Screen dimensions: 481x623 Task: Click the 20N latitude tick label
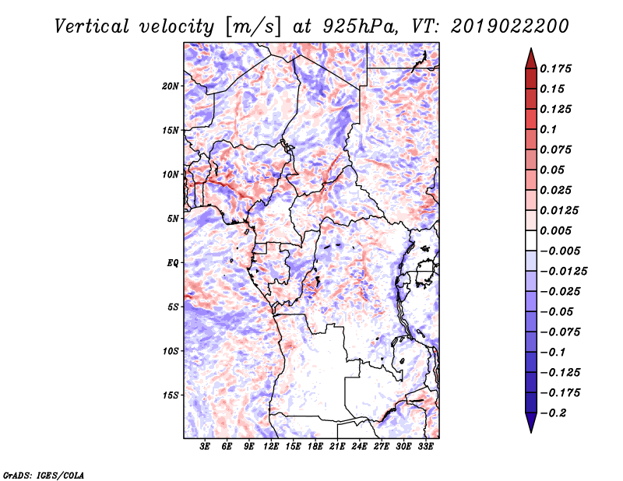171,86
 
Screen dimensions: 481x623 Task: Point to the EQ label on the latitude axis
172,262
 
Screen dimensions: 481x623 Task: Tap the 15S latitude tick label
171,395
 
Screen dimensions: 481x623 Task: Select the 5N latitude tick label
173,218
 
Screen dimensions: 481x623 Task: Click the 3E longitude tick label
206,447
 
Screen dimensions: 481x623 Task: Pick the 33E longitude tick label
425,447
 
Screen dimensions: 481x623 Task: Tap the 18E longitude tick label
315,447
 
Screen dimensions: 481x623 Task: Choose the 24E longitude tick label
359,447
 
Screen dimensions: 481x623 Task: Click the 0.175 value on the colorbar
558,68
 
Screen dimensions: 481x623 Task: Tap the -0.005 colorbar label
562,251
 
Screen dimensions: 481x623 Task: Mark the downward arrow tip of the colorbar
530,430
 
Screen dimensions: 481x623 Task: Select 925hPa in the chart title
350,26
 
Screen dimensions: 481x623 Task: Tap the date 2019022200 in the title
510,26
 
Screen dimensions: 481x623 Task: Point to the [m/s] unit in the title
252,26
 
